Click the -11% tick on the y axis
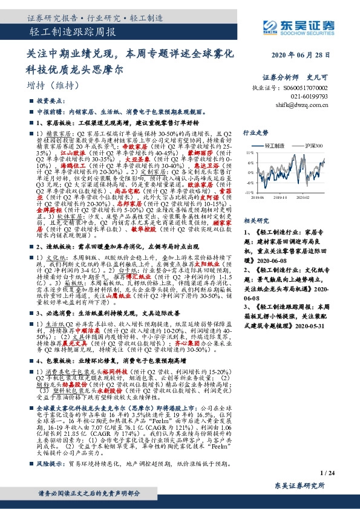(x=248, y=192)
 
